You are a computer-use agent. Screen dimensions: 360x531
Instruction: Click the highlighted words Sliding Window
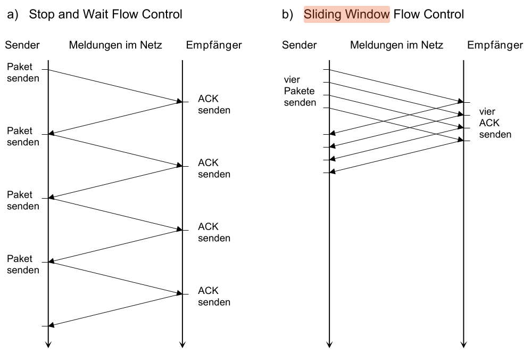(x=347, y=14)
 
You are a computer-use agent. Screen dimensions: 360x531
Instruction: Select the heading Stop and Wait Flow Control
(x=105, y=14)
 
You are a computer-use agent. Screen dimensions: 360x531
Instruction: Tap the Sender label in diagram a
(x=22, y=45)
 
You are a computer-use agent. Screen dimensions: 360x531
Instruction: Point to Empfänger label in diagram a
(x=214, y=45)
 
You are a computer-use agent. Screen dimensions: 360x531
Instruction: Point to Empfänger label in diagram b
(x=495, y=45)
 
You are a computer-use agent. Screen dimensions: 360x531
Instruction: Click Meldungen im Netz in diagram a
(x=115, y=45)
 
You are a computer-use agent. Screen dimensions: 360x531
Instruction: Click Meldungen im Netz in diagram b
(x=396, y=45)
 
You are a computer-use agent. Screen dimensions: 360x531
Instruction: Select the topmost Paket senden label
(x=23, y=73)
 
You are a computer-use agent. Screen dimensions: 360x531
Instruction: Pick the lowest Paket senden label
(x=23, y=265)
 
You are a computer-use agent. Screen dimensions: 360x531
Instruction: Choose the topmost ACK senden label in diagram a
(x=214, y=105)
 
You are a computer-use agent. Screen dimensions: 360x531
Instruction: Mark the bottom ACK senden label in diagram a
(x=214, y=297)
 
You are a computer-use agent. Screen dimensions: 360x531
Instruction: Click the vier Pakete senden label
(x=300, y=91)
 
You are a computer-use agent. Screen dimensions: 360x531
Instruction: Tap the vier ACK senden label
(x=495, y=124)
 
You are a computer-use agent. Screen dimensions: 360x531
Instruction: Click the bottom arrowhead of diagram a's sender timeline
(x=48, y=345)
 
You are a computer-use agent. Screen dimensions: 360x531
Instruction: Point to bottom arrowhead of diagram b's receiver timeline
(x=463, y=345)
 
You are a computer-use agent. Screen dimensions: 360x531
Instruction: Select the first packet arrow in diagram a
(x=115, y=85)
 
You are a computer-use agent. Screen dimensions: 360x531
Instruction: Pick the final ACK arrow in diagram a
(x=115, y=310)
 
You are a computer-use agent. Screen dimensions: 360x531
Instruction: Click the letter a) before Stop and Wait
(x=13, y=14)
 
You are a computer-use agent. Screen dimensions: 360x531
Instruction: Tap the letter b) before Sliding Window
(x=288, y=14)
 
